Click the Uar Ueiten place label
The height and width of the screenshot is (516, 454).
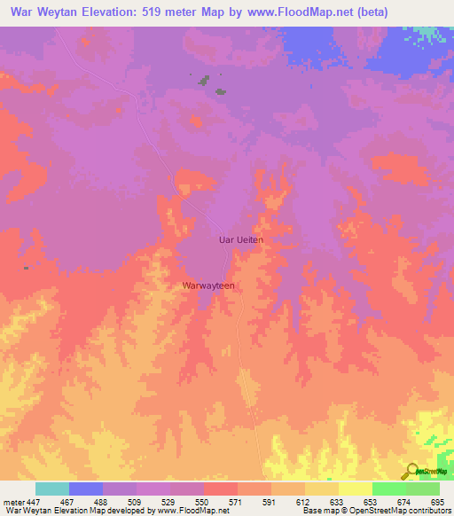[241, 239]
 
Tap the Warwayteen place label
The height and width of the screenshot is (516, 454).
[207, 286]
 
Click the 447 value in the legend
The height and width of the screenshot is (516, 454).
[33, 502]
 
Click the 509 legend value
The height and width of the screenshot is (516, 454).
[135, 502]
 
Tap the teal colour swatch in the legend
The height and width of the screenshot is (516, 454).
[52, 489]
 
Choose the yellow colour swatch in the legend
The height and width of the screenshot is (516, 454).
[356, 489]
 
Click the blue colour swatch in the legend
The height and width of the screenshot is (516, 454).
[86, 489]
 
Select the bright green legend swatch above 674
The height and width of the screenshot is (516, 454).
[389, 489]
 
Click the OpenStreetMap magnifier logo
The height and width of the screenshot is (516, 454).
[412, 471]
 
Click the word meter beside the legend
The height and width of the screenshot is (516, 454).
[13, 502]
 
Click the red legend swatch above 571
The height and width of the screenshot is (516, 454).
[221, 489]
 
